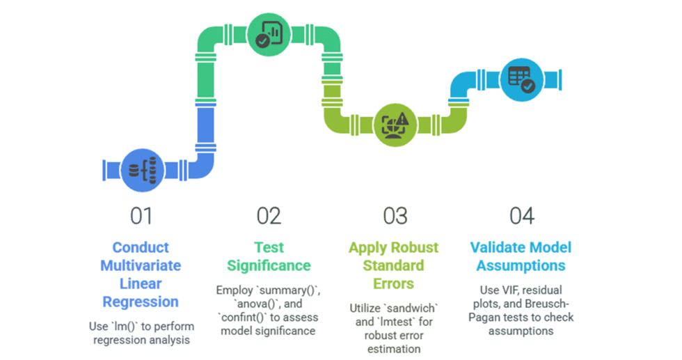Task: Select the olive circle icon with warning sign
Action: click(x=394, y=125)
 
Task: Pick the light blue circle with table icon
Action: click(x=521, y=77)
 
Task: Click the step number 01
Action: click(x=141, y=216)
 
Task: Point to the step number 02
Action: click(x=268, y=216)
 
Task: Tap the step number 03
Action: click(x=395, y=216)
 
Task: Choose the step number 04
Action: click(x=521, y=216)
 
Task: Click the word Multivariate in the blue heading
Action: click(x=141, y=265)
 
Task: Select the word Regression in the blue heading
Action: click(x=141, y=302)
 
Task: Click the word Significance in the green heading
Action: click(x=268, y=265)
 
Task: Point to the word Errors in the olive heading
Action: click(x=395, y=283)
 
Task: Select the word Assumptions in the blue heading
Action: click(x=521, y=265)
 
